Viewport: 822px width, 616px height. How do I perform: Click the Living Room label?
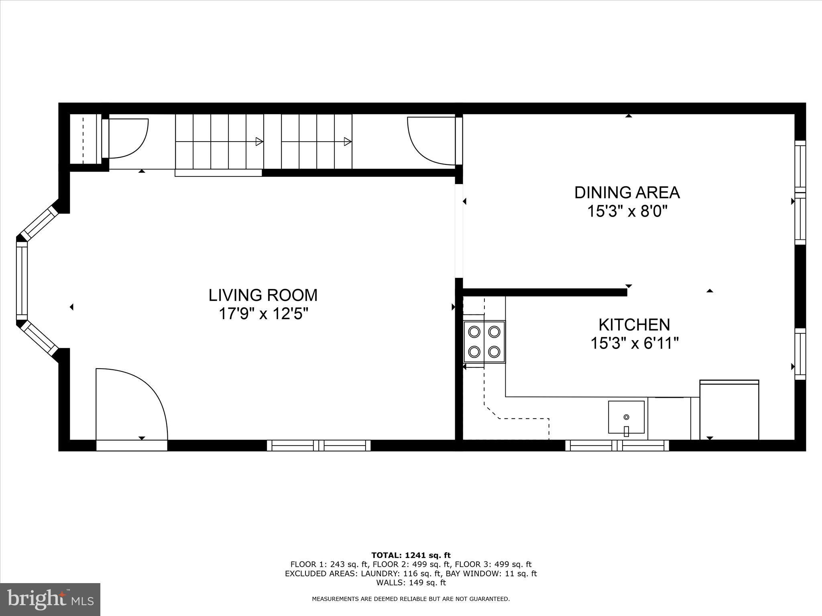263,295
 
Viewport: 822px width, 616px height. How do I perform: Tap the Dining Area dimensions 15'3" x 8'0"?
627,211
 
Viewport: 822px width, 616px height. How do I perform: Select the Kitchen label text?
634,324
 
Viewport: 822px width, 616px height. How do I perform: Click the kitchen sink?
626,417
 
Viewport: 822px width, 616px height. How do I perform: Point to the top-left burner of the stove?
474,332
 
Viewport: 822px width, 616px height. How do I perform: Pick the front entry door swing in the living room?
132,401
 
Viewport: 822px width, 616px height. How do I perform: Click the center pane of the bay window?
22,281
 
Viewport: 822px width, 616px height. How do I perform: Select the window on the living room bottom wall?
319,446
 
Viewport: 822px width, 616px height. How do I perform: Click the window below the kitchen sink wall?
617,446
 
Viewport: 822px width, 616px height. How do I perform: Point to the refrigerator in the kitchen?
729,410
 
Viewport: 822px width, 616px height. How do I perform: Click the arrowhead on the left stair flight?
259,142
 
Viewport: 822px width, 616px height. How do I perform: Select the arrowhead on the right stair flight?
348,142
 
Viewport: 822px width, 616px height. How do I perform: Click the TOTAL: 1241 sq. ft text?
411,555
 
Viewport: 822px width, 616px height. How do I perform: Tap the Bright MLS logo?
50,599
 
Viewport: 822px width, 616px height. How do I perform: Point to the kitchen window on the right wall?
800,354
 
